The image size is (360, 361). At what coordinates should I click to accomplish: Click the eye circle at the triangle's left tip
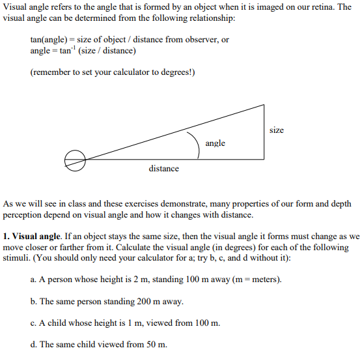(76, 160)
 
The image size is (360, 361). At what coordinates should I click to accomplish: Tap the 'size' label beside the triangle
(276, 130)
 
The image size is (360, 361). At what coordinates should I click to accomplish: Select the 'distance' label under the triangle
(163, 169)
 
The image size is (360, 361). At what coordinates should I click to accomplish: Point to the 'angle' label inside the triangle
(215, 143)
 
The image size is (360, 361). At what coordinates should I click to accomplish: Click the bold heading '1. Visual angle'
(31, 237)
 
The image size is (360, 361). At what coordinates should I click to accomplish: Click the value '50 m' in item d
(154, 344)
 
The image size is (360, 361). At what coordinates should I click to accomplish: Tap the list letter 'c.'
(34, 323)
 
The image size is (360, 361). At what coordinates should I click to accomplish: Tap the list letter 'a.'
(34, 280)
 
